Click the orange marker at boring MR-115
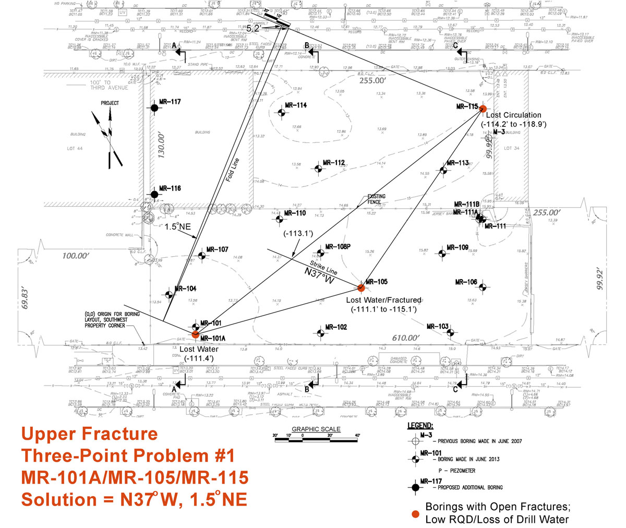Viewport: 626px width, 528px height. click(x=483, y=109)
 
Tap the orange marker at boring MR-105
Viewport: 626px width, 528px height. click(x=360, y=287)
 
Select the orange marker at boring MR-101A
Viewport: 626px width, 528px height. click(x=195, y=334)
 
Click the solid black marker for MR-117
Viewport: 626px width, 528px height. click(x=154, y=108)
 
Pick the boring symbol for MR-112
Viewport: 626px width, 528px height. click(x=318, y=169)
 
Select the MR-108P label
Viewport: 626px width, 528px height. click(x=337, y=247)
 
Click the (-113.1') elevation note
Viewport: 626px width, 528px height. click(x=298, y=234)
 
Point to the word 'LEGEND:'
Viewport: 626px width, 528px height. click(x=419, y=425)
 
